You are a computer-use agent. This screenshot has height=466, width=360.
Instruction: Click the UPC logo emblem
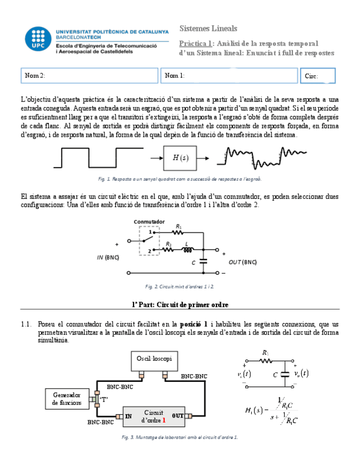click(38, 41)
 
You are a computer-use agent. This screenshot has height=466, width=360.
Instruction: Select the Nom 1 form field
click(228, 76)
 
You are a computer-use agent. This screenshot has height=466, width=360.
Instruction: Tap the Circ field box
click(318, 76)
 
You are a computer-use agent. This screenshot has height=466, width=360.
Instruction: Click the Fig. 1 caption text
click(180, 179)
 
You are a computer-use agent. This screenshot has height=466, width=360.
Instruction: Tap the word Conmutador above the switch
click(149, 221)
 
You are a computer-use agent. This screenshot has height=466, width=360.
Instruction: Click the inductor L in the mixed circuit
click(187, 251)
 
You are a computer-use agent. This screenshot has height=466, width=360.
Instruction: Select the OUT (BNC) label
click(242, 262)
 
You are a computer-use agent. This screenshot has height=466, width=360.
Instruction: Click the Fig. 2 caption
click(180, 286)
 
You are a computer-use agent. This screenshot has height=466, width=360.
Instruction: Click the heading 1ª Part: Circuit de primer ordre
click(180, 304)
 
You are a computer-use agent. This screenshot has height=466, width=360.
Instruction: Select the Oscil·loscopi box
click(154, 358)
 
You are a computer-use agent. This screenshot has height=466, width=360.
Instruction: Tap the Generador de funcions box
click(67, 399)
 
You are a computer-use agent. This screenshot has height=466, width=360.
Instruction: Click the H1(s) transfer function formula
click(272, 412)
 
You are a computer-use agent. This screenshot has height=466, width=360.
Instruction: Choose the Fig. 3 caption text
click(180, 437)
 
